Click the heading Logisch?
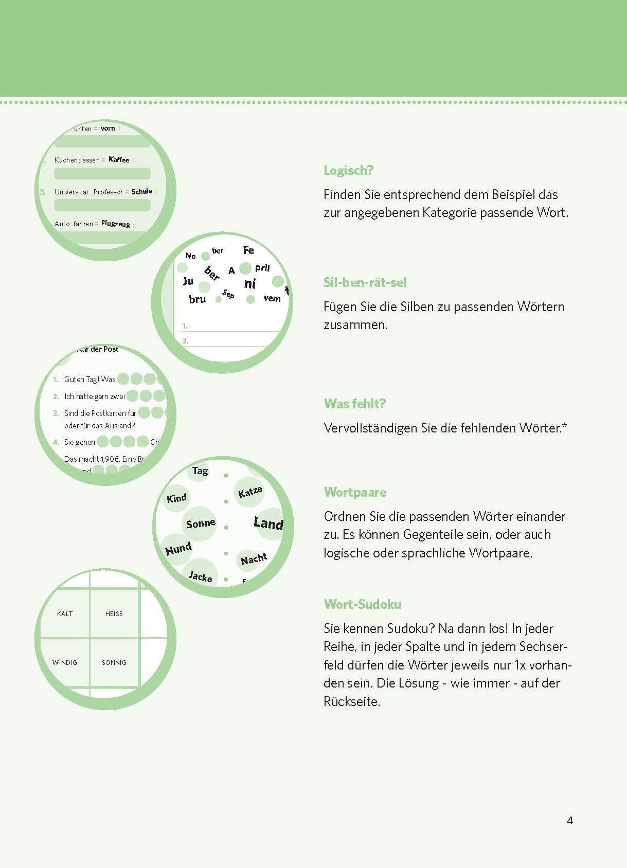pyautogui.click(x=348, y=171)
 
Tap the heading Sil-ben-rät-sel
pyautogui.click(x=365, y=282)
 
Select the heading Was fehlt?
pyautogui.click(x=354, y=404)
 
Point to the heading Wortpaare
pyautogui.click(x=355, y=492)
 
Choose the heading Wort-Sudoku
pyautogui.click(x=362, y=604)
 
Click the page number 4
pyautogui.click(x=570, y=821)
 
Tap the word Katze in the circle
pyautogui.click(x=250, y=492)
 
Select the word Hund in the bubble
pyautogui.click(x=178, y=549)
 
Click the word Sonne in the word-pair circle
pyautogui.click(x=201, y=523)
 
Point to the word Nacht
pyautogui.click(x=254, y=558)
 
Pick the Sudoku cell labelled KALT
pyautogui.click(x=65, y=613)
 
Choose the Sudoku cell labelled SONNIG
pyautogui.click(x=114, y=662)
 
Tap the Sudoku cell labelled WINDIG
pyautogui.click(x=65, y=662)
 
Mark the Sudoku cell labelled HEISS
pyautogui.click(x=114, y=613)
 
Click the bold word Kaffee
pyautogui.click(x=119, y=159)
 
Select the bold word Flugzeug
pyautogui.click(x=116, y=224)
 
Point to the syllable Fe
pyautogui.click(x=248, y=250)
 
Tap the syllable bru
pyautogui.click(x=198, y=299)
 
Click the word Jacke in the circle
pyautogui.click(x=200, y=576)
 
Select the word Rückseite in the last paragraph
pyautogui.click(x=351, y=701)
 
